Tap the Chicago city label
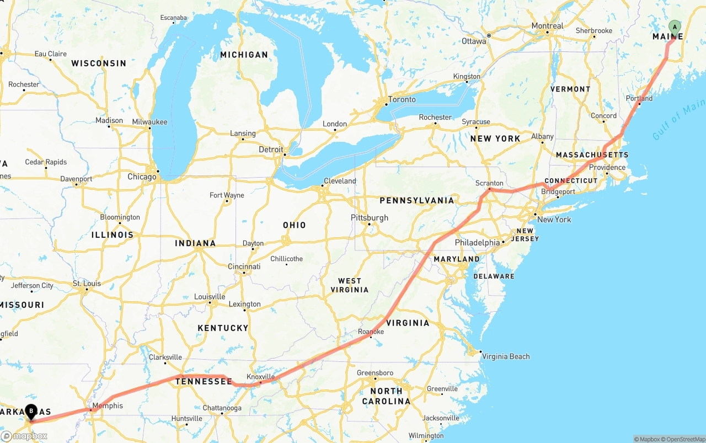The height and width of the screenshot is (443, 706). pos(142,177)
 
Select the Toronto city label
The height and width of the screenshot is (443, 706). pos(402,99)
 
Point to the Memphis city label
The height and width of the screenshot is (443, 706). pos(108,406)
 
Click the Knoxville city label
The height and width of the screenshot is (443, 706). pos(260,377)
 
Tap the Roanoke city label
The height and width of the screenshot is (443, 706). pos(371,332)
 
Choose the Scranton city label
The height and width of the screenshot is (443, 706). pos(489,183)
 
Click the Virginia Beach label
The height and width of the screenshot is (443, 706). pos(506,356)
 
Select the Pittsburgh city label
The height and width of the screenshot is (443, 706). pos(370,218)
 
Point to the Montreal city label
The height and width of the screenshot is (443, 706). pos(547,26)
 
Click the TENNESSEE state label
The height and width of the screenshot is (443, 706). pos(204,382)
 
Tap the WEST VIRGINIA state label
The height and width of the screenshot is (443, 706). pos(349,285)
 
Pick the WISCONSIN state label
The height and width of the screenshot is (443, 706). pos(99,63)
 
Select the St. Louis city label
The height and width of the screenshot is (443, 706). pos(87,284)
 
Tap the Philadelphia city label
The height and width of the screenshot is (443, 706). pos(477,243)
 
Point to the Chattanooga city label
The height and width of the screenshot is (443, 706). pos(222,408)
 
